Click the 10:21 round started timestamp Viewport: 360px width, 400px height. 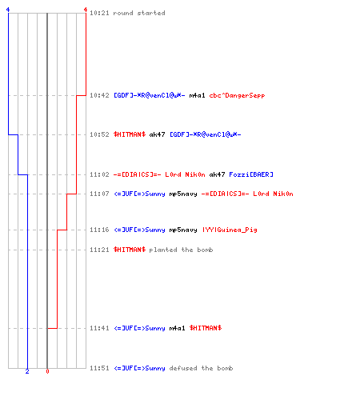point(99,13)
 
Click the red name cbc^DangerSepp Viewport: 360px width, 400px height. point(237,95)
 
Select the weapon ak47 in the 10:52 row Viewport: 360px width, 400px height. point(157,134)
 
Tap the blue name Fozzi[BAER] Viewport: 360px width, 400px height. point(251,174)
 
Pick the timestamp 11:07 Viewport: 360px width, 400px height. point(99,194)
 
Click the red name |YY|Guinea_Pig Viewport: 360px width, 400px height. point(230,230)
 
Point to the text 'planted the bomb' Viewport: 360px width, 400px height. point(181,250)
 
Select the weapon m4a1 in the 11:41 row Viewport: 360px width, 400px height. point(177,328)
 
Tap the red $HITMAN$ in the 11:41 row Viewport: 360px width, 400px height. point(206,328)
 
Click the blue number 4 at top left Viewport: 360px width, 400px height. point(8,10)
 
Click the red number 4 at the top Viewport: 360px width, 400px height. point(86,10)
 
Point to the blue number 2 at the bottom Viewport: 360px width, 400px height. point(27,371)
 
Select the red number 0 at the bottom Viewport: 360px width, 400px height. point(47,371)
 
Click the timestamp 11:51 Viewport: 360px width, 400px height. point(99,368)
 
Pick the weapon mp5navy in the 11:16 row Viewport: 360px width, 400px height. point(183,230)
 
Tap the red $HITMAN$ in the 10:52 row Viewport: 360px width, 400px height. point(130,134)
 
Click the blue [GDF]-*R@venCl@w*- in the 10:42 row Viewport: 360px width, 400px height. point(150,95)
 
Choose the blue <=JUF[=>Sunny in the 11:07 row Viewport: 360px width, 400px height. point(139,194)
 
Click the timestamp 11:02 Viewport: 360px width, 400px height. point(99,174)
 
